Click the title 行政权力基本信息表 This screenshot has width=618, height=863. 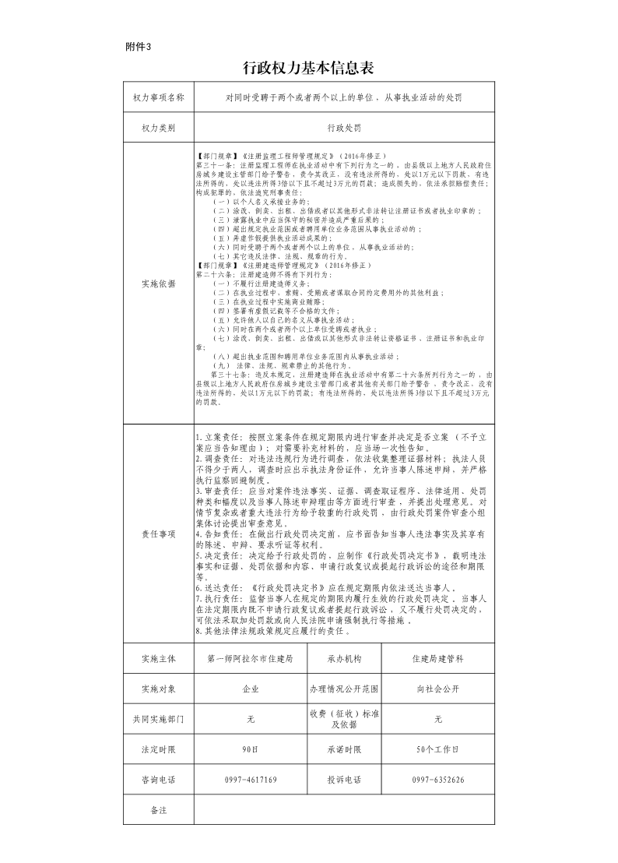pos(308,69)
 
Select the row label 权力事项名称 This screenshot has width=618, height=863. pos(158,98)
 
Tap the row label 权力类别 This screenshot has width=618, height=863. pos(158,127)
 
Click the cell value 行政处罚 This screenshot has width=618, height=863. pos(344,127)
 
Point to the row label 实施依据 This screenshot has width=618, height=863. pos(158,284)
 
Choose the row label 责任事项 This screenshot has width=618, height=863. pos(158,534)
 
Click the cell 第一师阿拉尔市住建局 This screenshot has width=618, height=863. pos(251,658)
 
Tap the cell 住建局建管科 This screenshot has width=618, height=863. pos(438,658)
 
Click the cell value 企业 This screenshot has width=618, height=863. pos(251,689)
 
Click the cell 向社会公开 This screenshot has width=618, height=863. pos(438,689)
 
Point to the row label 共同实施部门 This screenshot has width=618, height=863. pos(158,719)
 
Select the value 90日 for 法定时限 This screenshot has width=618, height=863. pos(251,749)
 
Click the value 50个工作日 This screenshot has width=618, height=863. pos(438,749)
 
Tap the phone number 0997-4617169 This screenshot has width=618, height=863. pos(251,780)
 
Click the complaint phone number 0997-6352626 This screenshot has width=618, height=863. pos(438,780)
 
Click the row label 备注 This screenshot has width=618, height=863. pos(158,810)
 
